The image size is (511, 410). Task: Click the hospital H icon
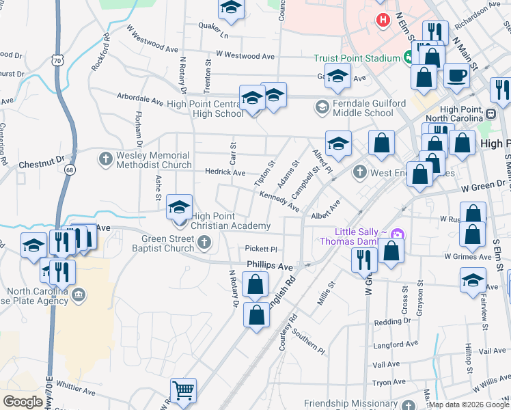pyautogui.click(x=383, y=19)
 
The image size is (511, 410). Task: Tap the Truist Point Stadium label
pyautogui.click(x=357, y=59)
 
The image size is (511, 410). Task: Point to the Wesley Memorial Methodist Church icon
pyautogui.click(x=105, y=160)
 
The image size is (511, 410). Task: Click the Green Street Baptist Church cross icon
pyautogui.click(x=204, y=243)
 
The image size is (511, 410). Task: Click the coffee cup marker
pyautogui.click(x=456, y=76)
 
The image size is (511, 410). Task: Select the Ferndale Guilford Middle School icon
pyautogui.click(x=321, y=107)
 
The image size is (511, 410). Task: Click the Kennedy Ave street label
pyautogui.click(x=279, y=201)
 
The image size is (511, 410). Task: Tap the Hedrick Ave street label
pyautogui.click(x=225, y=173)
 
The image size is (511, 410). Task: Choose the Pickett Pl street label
pyautogui.click(x=262, y=249)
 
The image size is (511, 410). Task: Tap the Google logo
pyautogui.click(x=23, y=402)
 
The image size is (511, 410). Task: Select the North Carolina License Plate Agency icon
pyautogui.click(x=79, y=295)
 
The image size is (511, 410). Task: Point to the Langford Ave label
pyautogui.click(x=395, y=347)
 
